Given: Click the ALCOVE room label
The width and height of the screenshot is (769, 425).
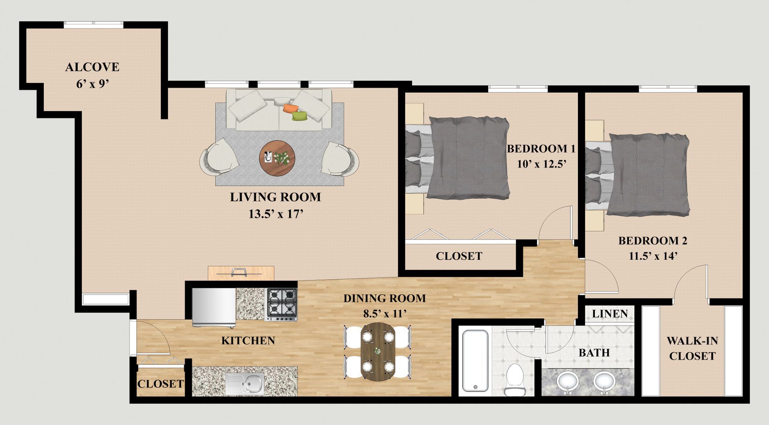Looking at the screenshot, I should pyautogui.click(x=92, y=67).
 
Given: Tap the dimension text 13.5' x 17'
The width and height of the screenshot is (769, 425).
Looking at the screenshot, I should pyautogui.click(x=275, y=214).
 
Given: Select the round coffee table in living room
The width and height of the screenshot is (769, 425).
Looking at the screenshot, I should pyautogui.click(x=277, y=158).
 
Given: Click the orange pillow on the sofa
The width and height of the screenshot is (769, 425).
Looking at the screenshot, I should pyautogui.click(x=289, y=108).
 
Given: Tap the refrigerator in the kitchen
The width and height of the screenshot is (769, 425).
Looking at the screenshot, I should pyautogui.click(x=213, y=307).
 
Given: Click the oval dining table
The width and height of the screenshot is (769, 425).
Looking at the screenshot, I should pyautogui.click(x=378, y=351).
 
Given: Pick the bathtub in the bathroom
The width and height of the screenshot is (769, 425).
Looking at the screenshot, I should pyautogui.click(x=475, y=360).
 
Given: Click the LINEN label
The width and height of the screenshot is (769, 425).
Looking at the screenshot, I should pyautogui.click(x=610, y=314).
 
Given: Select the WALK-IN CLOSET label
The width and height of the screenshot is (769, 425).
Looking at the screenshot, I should pyautogui.click(x=692, y=348).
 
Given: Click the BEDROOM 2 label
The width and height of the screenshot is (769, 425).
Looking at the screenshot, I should pyautogui.click(x=652, y=241).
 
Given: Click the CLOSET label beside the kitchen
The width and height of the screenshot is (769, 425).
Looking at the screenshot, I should pyautogui.click(x=160, y=384).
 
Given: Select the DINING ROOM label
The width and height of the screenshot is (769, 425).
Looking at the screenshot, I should pyautogui.click(x=384, y=298).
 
